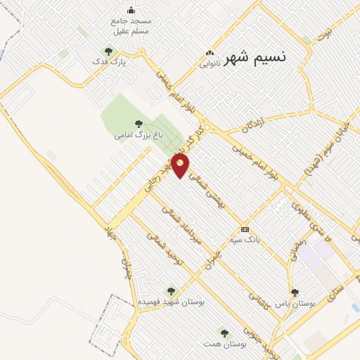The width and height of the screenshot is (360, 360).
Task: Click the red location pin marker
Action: (x=181, y=166)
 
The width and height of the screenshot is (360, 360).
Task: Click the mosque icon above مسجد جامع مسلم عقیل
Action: (x=131, y=10)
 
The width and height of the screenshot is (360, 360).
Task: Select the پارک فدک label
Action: (x=110, y=63)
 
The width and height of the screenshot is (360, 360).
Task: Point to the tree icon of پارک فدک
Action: (x=108, y=51)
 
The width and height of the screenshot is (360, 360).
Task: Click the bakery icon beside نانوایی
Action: (x=209, y=53)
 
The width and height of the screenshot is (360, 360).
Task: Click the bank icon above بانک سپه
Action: (x=244, y=229)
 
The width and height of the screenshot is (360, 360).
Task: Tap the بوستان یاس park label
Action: (x=295, y=303)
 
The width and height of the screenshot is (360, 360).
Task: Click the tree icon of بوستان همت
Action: (x=224, y=333)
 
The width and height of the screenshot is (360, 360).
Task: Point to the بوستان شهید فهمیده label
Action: (x=169, y=301)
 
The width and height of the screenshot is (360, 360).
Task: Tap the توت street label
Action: (x=324, y=34)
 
